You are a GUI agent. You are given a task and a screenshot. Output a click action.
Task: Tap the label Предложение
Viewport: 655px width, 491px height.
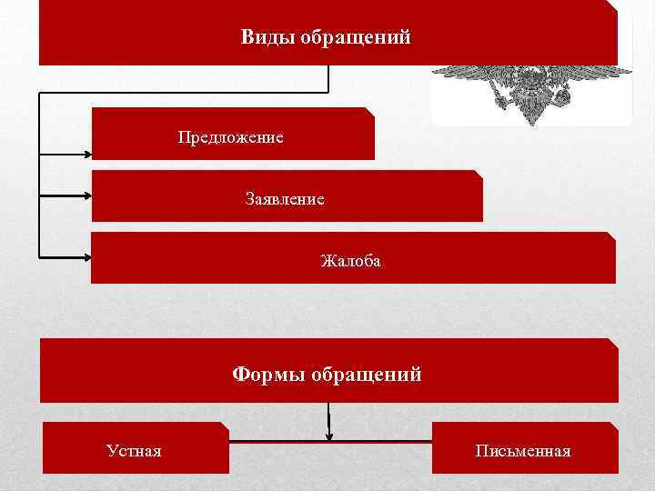tap(231, 137)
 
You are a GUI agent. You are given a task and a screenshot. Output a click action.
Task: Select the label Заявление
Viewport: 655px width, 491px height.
tap(285, 198)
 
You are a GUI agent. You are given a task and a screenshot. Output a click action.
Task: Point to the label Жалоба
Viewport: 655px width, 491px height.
tap(351, 262)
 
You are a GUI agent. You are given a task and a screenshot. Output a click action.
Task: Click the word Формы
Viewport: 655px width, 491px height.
tap(268, 374)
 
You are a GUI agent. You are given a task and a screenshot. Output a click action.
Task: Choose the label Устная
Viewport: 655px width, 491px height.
tap(134, 450)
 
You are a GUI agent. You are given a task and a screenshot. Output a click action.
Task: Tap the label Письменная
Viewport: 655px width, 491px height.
tap(523, 450)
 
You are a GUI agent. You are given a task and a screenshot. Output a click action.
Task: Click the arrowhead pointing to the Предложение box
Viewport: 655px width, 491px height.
tap(87, 151)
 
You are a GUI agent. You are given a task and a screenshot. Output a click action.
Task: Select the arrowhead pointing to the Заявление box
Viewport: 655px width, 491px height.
tap(87, 194)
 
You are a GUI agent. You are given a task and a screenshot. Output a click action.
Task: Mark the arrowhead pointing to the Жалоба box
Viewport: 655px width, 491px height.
tap(87, 255)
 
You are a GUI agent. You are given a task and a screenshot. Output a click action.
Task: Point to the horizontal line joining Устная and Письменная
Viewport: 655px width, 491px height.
tap(329, 441)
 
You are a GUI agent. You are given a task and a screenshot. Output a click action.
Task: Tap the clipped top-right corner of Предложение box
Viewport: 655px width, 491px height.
tap(370, 111)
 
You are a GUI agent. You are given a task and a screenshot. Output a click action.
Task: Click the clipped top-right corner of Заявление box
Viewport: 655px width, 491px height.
tap(479, 174)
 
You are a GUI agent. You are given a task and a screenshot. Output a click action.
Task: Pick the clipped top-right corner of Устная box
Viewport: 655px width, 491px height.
tap(224, 426)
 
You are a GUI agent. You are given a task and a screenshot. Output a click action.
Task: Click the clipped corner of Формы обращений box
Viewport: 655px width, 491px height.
tap(614, 343)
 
